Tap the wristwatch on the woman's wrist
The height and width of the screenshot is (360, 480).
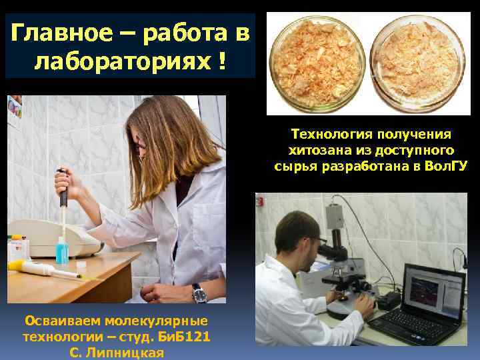pyautogui.click(x=197, y=292)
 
